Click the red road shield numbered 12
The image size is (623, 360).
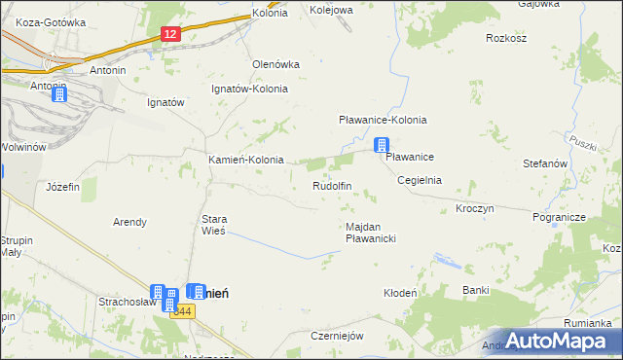click(170, 34)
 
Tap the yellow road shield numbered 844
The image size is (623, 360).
click(182, 310)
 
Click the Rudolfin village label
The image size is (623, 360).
click(331, 185)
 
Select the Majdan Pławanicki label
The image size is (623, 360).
click(370, 232)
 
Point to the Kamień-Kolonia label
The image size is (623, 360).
click(246, 160)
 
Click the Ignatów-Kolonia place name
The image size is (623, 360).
click(250, 88)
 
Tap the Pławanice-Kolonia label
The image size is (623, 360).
click(383, 120)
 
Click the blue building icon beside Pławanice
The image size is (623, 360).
click(382, 145)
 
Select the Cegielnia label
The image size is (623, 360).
click(420, 180)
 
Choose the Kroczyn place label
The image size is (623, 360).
click(475, 208)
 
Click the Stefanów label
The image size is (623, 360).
click(545, 164)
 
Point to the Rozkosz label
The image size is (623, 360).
click(505, 39)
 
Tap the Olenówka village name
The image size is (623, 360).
click(276, 63)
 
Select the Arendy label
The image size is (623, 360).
click(129, 222)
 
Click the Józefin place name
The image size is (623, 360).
click(63, 186)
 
